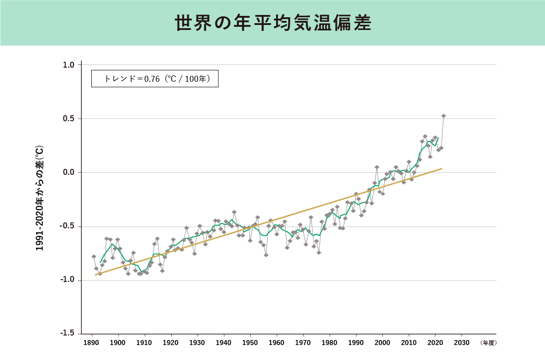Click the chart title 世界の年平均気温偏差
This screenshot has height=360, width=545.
pyautogui.click(x=273, y=23)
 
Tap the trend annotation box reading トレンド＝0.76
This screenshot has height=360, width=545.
pyautogui.click(x=155, y=79)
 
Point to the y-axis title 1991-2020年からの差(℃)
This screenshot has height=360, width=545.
pyautogui.click(x=40, y=198)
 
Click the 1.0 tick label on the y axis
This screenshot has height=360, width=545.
pyautogui.click(x=69, y=65)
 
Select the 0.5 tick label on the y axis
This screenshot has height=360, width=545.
pyautogui.click(x=69, y=119)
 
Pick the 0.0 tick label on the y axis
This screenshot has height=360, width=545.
pyautogui.click(x=69, y=173)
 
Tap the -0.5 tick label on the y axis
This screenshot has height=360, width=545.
pyautogui.click(x=68, y=227)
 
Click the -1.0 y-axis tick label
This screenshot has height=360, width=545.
pyautogui.click(x=68, y=281)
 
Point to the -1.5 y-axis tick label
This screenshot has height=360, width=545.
pyautogui.click(x=68, y=334)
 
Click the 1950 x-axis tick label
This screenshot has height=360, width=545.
pyautogui.click(x=250, y=343)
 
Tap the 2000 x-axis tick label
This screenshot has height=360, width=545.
pyautogui.click(x=382, y=343)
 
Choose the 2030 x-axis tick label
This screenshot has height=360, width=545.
pyautogui.click(x=461, y=343)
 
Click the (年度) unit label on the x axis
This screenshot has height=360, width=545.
pyautogui.click(x=488, y=343)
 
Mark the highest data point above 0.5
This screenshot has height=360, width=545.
pyautogui.click(x=443, y=116)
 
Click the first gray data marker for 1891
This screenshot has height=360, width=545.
pyautogui.click(x=94, y=256)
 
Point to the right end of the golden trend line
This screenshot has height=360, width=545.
pyautogui.click(x=442, y=168)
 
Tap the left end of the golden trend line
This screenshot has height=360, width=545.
pyautogui.click(x=95, y=275)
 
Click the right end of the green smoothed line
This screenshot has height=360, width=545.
pyautogui.click(x=438, y=138)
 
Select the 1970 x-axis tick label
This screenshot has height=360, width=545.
pyautogui.click(x=303, y=343)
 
